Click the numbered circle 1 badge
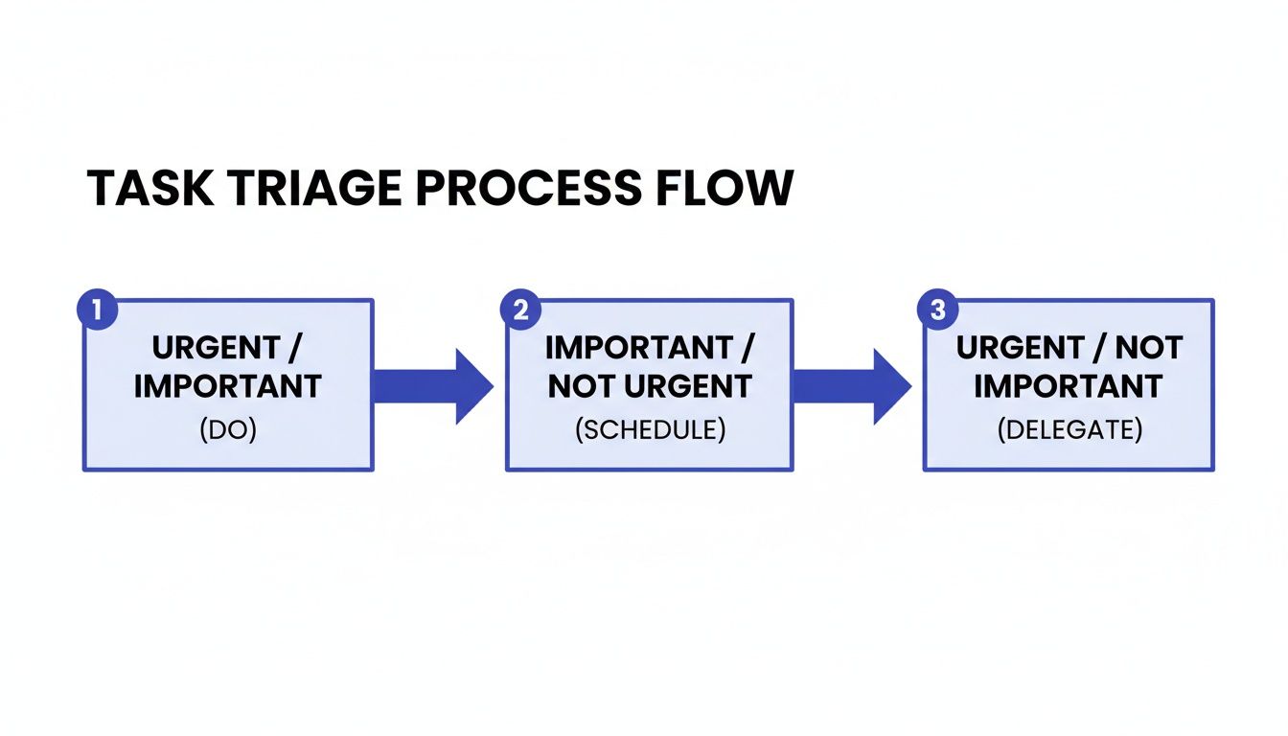coord(96,310)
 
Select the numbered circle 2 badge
coord(520,310)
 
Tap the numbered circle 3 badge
coord(937,310)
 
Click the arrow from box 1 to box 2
coord(431,386)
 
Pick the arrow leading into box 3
coord(851,386)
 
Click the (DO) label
coord(228,430)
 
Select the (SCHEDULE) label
coord(650,430)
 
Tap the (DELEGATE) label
coord(1069,430)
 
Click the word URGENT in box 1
coord(217,348)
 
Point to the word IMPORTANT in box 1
coord(228,386)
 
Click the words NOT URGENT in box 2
coord(650,386)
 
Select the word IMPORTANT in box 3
coord(1069,386)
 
